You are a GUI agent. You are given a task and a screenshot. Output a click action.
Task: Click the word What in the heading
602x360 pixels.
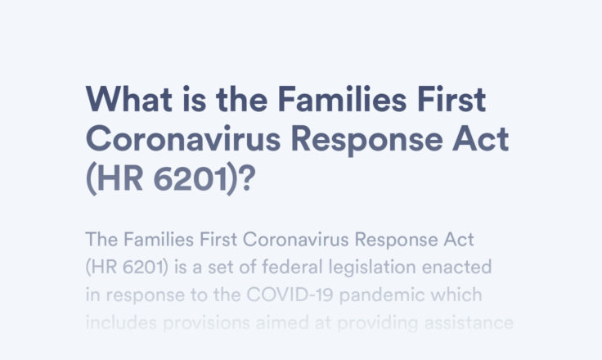coord(129,99)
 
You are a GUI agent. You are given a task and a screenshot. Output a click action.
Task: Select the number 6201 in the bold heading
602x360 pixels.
coord(191,178)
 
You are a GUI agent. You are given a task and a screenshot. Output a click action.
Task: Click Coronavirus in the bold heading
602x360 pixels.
coord(183,139)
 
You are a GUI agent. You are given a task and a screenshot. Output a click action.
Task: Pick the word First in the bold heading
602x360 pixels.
coord(451,99)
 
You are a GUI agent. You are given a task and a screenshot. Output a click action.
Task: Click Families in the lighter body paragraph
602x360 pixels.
coord(159,240)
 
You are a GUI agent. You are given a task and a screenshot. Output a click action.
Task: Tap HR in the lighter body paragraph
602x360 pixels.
coord(104,267)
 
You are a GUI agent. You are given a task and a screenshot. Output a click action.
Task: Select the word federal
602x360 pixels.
coord(292,267)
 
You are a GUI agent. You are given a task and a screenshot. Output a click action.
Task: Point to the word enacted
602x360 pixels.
coord(456,267)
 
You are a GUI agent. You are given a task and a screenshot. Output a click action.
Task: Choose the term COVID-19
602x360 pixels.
coord(290,295)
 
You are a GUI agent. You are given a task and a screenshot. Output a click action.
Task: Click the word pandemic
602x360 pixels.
coord(382,295)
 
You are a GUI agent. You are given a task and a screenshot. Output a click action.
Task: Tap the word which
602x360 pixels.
coord(456,295)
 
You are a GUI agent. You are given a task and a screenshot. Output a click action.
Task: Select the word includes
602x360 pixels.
coord(121,322)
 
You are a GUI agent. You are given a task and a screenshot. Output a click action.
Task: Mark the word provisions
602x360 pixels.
coord(207,323)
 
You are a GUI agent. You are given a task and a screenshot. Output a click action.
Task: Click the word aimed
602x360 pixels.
coord(282,322)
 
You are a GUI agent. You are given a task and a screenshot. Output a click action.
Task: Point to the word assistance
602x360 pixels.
coord(469,322)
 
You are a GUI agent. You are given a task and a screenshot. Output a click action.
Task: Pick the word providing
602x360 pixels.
coord(377,323)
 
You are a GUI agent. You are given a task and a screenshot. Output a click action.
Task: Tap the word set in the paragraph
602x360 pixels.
coord(220,268)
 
